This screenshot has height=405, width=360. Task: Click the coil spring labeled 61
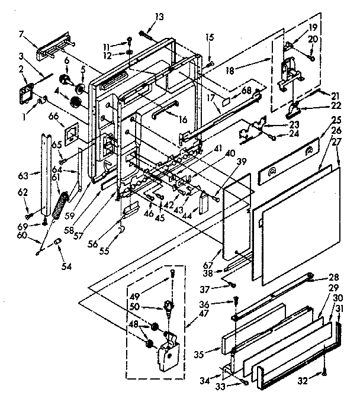[58, 203]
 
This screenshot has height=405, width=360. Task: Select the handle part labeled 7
[55, 47]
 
